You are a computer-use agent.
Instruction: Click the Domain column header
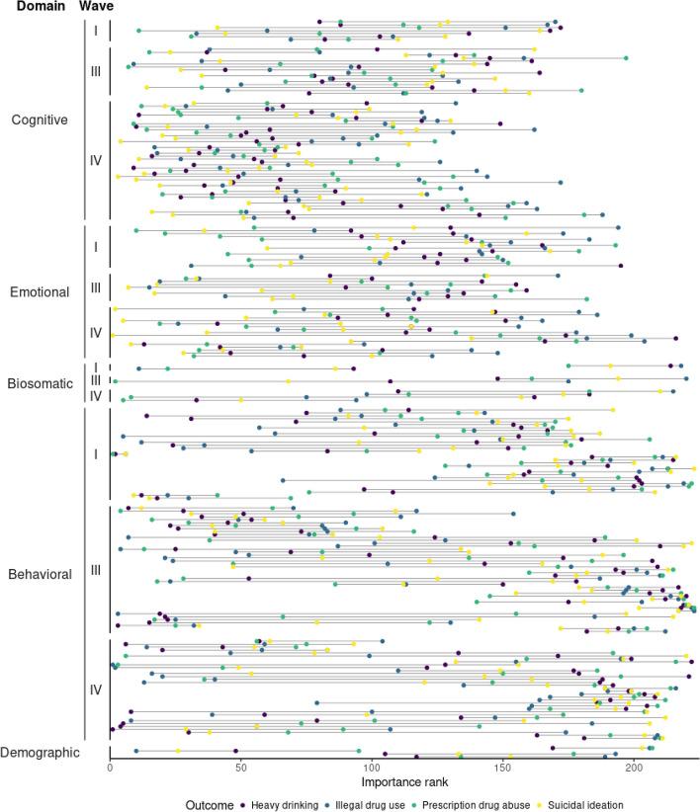[x=35, y=7]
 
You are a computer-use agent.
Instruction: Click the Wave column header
[x=97, y=7]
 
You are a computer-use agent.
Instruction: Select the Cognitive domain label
[x=40, y=121]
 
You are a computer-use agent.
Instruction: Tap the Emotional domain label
[x=40, y=292]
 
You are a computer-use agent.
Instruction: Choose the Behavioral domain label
[x=40, y=574]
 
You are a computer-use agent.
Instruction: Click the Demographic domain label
[x=40, y=753]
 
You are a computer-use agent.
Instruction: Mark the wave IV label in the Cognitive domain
[x=96, y=160]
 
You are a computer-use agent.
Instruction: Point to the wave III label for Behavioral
[x=96, y=571]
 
